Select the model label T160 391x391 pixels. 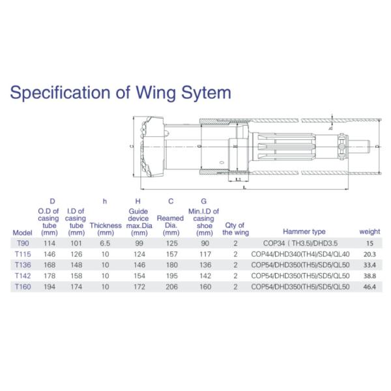[x=22, y=287]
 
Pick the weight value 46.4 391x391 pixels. [x=370, y=287]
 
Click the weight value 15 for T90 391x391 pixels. [x=369, y=242]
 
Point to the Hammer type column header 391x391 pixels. [x=304, y=231]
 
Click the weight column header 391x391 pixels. [x=369, y=231]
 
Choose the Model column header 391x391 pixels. [x=22, y=233]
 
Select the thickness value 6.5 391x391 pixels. [x=106, y=242]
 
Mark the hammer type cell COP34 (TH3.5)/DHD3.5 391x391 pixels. [x=304, y=242]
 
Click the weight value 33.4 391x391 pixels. [x=370, y=265]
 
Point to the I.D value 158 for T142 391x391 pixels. [x=77, y=276]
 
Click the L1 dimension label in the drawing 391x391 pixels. [x=239, y=178]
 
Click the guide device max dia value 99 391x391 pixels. [x=138, y=242]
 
